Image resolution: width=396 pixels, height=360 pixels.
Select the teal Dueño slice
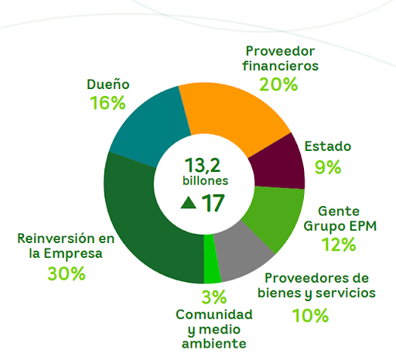(x=148, y=125)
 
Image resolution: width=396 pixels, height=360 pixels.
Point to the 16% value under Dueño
(x=108, y=102)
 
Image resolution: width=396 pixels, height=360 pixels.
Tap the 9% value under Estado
(x=327, y=166)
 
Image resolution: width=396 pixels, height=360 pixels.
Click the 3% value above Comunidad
(x=213, y=297)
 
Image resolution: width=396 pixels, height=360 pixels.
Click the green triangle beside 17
(x=187, y=203)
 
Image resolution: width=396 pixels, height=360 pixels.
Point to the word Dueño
(x=108, y=83)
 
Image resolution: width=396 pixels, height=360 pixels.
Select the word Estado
(x=327, y=146)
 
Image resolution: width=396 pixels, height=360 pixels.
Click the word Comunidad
(x=214, y=314)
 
